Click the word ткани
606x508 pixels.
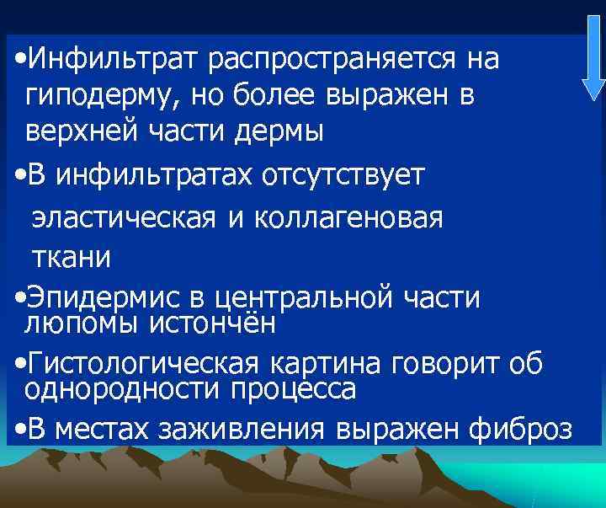pyautogui.click(x=71, y=256)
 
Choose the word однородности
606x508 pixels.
pyautogui.click(x=117, y=389)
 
